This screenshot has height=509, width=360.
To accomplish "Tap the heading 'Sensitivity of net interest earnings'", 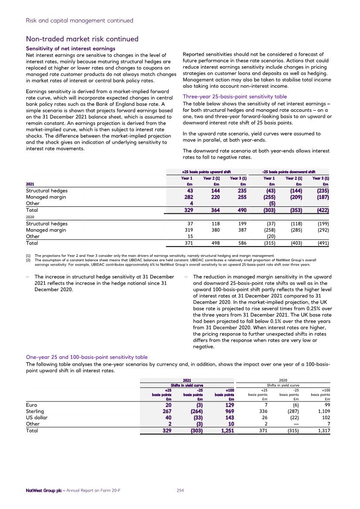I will tap(71, 48).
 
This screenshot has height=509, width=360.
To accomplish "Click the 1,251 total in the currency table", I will tap(226, 430).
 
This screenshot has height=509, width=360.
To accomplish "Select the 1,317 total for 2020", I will tap(320, 430).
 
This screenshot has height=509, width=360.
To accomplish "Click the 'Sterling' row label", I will tap(35, 411).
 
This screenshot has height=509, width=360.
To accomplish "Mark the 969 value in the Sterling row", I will tap(228, 411).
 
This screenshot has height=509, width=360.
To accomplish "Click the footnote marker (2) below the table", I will tap(29, 260).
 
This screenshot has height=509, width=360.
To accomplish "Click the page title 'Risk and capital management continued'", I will tap(79, 20).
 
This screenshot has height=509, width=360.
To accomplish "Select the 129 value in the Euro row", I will tap(228, 405).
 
